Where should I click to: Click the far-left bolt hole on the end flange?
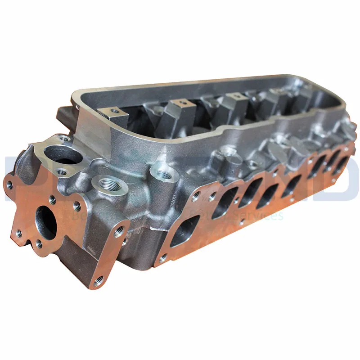point(9,184)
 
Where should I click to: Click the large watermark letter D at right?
point(342,180)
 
